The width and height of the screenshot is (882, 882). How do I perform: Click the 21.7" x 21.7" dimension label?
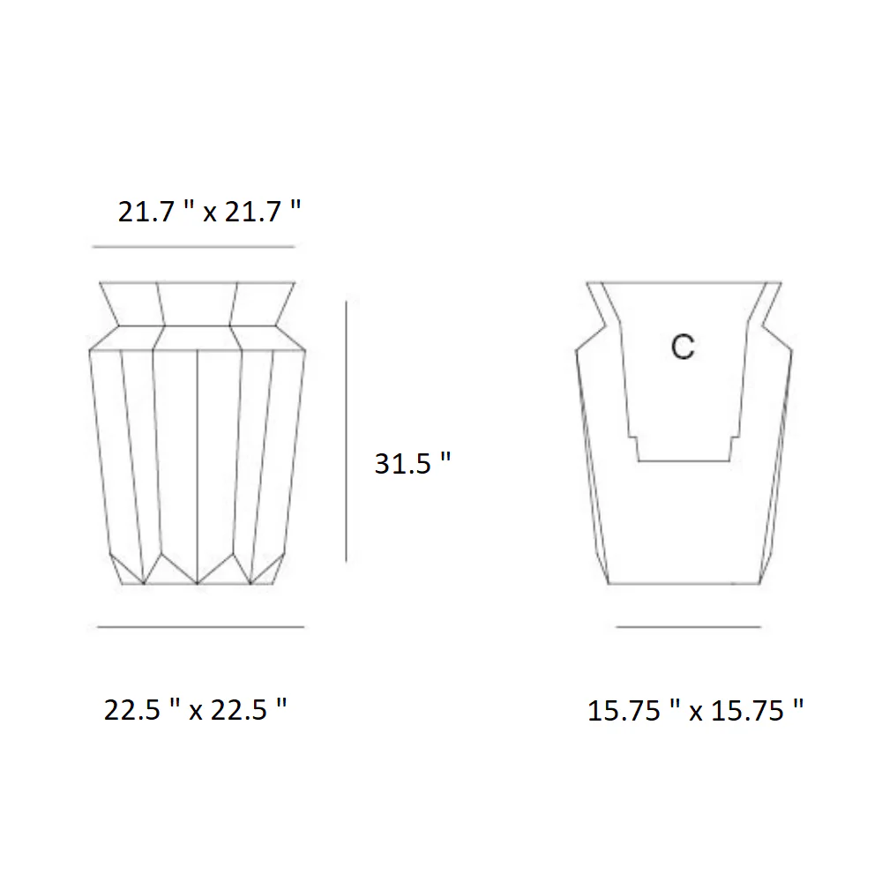[x=209, y=212]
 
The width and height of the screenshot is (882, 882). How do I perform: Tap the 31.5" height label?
[x=412, y=464]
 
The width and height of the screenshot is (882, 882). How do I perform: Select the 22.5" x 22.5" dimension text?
[x=195, y=710]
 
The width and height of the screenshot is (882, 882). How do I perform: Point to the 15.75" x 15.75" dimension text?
[x=695, y=710]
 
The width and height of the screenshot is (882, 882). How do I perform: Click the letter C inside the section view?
[x=683, y=347]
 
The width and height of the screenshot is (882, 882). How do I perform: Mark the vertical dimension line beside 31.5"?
[x=346, y=431]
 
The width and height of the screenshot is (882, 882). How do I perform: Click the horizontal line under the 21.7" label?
[x=193, y=246]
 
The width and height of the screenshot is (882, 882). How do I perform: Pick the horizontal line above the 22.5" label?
[x=201, y=626]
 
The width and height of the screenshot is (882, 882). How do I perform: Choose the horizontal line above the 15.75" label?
[x=689, y=626]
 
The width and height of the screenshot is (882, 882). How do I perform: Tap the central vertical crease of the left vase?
[x=198, y=467]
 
